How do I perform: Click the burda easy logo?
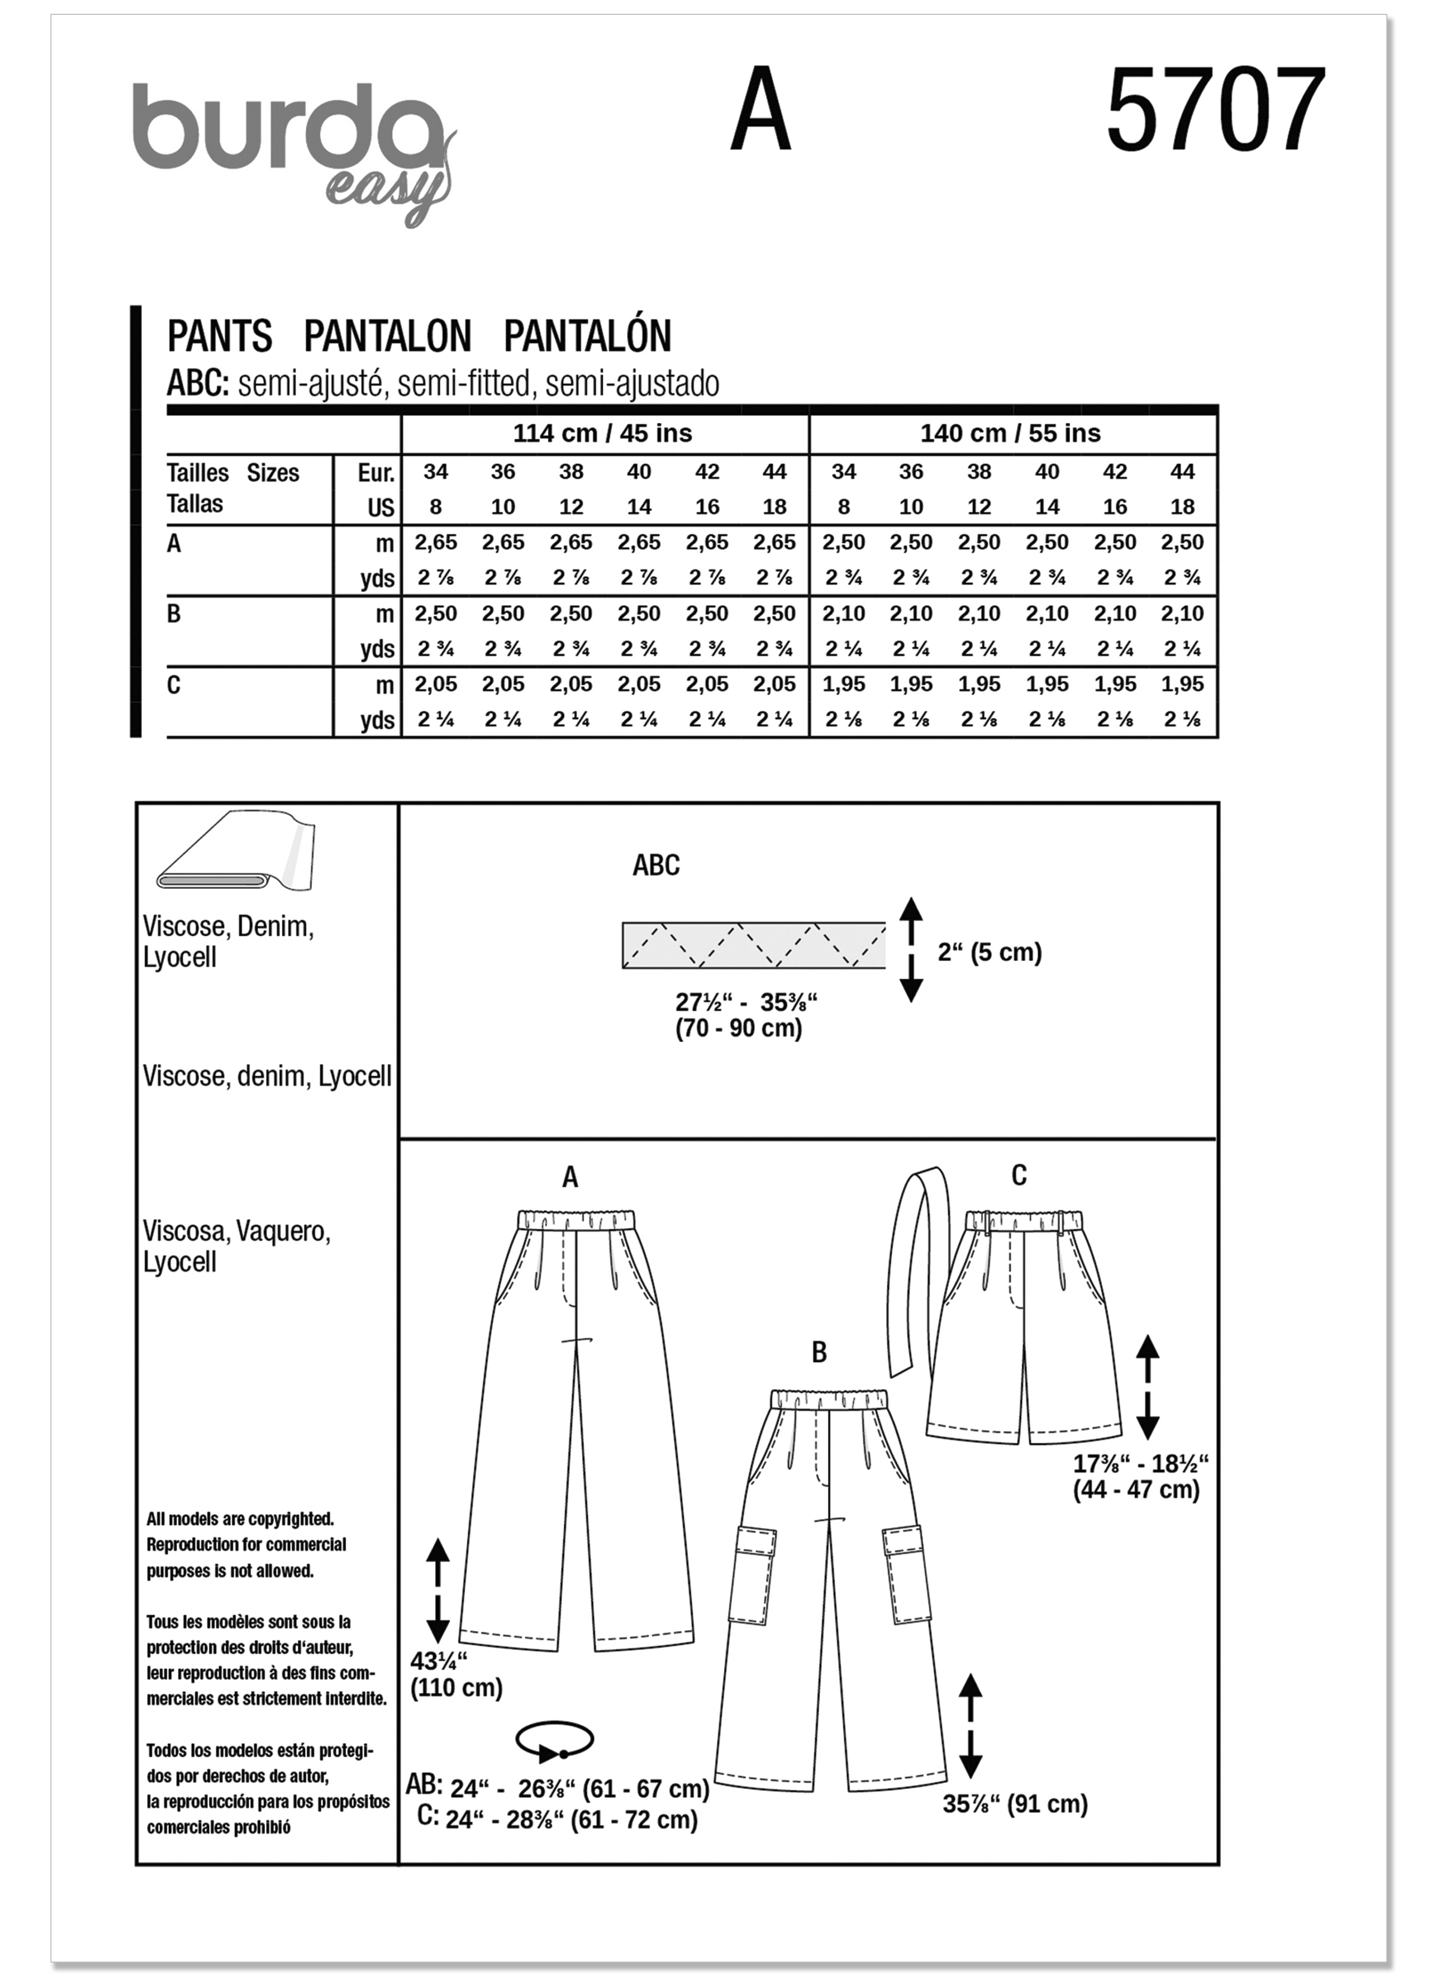(293, 148)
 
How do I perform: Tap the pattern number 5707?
(1215, 111)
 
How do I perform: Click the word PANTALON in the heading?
(388, 337)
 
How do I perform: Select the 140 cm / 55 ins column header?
(1010, 433)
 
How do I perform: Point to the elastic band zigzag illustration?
(753, 945)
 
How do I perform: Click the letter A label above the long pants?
(570, 1178)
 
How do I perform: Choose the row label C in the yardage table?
(174, 684)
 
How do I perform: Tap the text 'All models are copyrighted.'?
(240, 1520)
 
